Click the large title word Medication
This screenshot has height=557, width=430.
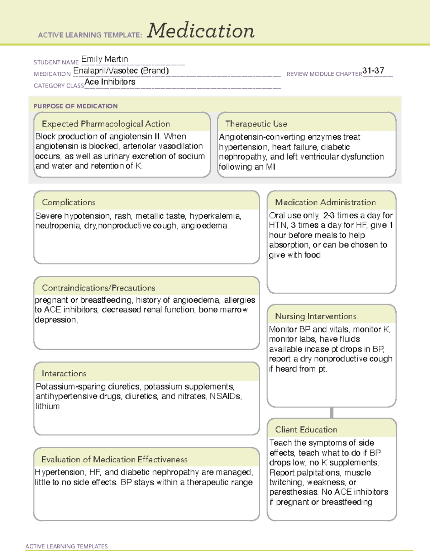click(x=201, y=31)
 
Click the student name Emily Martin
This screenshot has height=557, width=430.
click(x=104, y=59)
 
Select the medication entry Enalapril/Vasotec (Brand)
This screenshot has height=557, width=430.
click(x=121, y=71)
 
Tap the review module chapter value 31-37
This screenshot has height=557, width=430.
click(x=373, y=71)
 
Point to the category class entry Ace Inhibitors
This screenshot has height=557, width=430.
click(x=110, y=82)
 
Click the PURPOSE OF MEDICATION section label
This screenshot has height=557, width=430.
click(x=75, y=106)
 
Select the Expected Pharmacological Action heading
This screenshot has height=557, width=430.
click(x=106, y=124)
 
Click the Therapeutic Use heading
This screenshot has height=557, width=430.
click(x=256, y=124)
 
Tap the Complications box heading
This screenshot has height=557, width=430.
click(x=68, y=202)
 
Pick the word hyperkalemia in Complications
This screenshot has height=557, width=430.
click(x=215, y=216)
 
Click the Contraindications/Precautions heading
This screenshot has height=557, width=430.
click(x=98, y=288)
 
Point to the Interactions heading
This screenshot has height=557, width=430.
click(x=64, y=374)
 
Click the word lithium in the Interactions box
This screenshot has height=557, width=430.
click(x=47, y=406)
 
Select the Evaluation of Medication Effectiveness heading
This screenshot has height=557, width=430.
click(x=114, y=459)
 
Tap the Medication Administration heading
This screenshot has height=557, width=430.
click(x=325, y=202)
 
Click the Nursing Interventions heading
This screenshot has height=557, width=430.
click(x=315, y=316)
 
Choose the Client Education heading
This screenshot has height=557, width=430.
click(x=306, y=430)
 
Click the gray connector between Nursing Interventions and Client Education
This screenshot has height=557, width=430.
click(x=331, y=412)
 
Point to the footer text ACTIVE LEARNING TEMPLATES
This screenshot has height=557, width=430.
click(x=66, y=546)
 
